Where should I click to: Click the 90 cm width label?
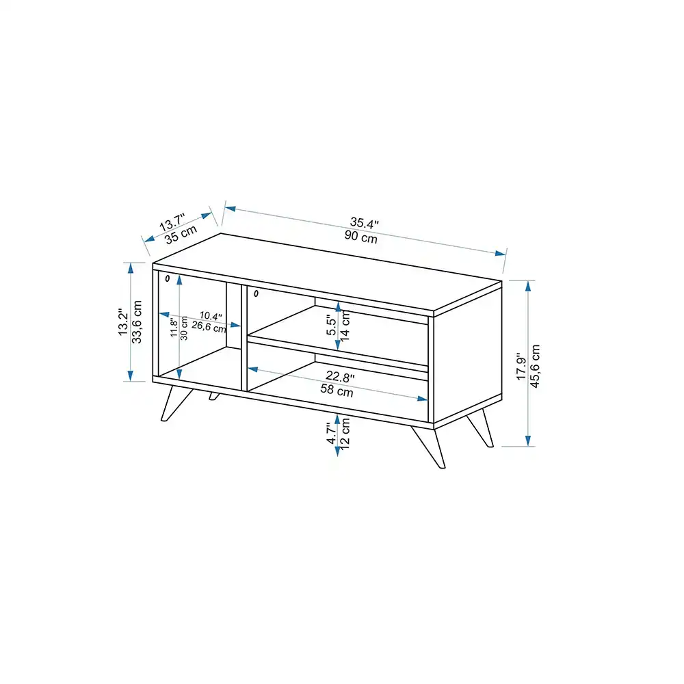[360, 237]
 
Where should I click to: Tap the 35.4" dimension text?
[365, 224]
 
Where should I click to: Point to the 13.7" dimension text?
[172, 222]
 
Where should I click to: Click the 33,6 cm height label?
[137, 322]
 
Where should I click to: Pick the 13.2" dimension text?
[123, 322]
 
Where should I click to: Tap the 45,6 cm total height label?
[535, 366]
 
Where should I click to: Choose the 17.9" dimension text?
[521, 366]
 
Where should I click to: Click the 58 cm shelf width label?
[337, 390]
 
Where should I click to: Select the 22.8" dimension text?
[340, 376]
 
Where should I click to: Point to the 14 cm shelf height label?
[345, 326]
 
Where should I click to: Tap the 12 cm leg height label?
[345, 434]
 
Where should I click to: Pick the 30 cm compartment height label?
[183, 328]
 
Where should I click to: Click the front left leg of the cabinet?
[176, 404]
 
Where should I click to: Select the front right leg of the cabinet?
[429, 447]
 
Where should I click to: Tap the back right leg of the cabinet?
[480, 428]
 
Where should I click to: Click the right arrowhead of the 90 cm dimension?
[501, 254]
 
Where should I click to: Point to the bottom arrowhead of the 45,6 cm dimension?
[528, 440]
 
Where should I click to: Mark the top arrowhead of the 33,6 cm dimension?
[131, 268]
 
